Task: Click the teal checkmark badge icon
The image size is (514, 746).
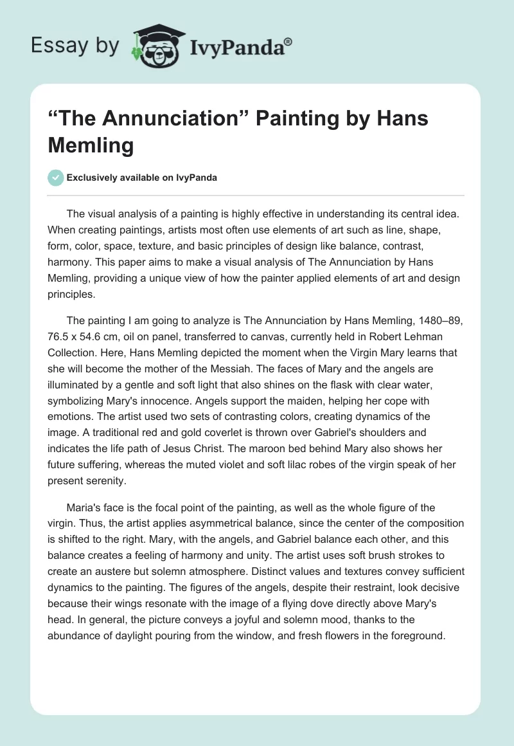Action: tap(56, 177)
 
